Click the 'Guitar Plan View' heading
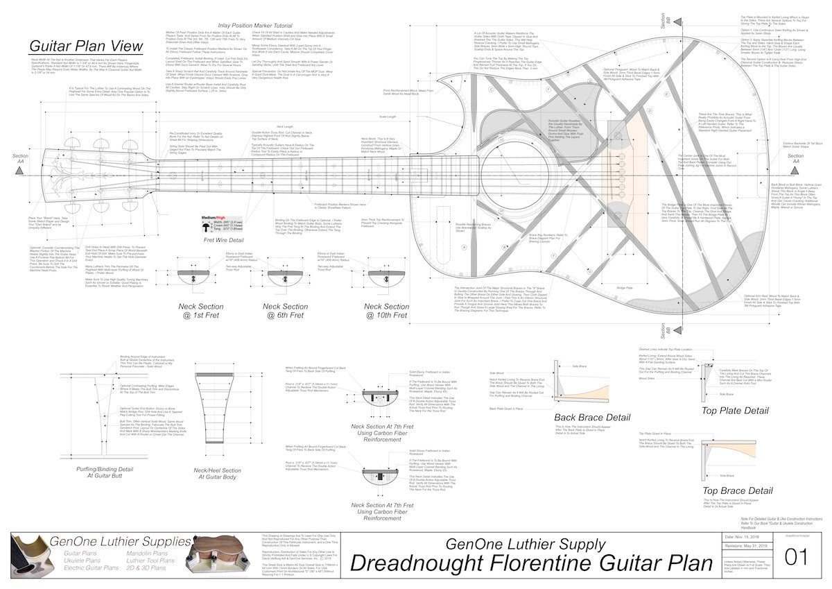tap(86, 46)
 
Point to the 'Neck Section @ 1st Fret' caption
tap(201, 311)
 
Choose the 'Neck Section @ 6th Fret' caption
tap(286, 311)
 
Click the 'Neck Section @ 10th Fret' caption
tap(387, 311)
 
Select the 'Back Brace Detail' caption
tap(592, 417)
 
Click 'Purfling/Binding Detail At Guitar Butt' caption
tap(104, 473)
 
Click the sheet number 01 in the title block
tap(795, 556)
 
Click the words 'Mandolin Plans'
tap(147, 554)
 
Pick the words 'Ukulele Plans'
tap(82, 561)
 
